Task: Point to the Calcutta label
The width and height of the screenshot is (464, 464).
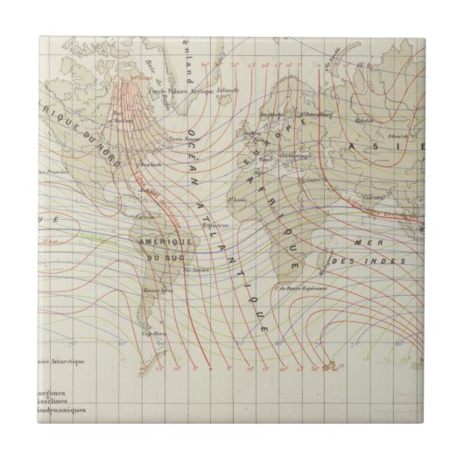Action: pyautogui.click(x=376, y=196)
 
